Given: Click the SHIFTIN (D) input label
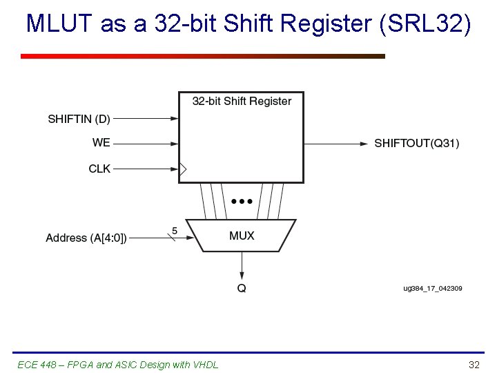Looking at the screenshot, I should tap(79, 119).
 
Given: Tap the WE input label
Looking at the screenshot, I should tap(101, 143).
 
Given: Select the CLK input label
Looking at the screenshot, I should tap(99, 168).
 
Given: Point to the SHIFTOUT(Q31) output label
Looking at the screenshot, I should tap(416, 144).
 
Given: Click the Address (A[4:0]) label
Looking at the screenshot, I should tap(86, 238).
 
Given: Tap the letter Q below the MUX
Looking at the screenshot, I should tap(242, 289).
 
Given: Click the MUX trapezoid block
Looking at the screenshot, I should tap(242, 236).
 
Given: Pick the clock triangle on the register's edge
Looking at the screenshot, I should tap(183, 168).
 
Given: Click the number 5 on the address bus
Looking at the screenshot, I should tap(174, 230).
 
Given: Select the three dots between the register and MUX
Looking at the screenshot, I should tap(242, 201).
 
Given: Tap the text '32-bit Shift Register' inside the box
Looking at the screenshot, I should tap(242, 102).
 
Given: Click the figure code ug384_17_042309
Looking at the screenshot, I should tap(432, 288).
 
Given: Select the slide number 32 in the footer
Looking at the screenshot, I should tap(474, 364).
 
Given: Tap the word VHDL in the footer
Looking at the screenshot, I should tap(205, 364).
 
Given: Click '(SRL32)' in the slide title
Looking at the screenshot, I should tap(427, 24).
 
